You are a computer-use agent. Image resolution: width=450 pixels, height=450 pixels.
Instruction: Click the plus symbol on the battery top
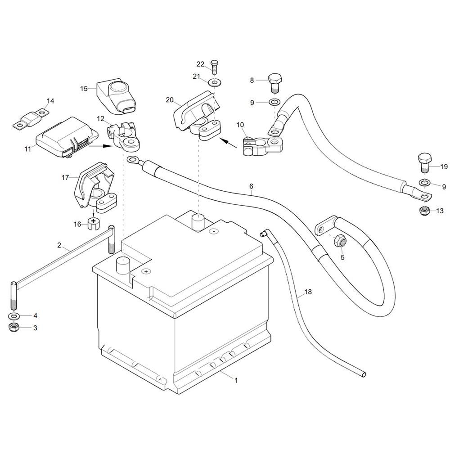click(146, 271)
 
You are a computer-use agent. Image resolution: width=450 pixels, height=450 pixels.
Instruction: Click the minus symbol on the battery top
click(213, 231)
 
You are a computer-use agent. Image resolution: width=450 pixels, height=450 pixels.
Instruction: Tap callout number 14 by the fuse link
click(50, 101)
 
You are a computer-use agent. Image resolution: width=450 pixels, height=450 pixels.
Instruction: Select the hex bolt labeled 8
click(275, 83)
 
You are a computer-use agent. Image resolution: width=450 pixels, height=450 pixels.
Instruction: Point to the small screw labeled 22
click(214, 67)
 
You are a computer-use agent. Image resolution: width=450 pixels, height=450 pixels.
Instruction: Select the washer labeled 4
click(13, 316)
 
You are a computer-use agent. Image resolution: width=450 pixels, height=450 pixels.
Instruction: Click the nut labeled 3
click(13, 328)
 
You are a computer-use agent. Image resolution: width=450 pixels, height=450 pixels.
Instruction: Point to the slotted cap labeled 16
click(93, 224)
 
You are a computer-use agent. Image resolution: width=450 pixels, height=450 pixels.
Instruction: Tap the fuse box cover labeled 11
click(68, 138)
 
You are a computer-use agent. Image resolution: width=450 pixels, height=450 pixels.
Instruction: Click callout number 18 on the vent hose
click(308, 292)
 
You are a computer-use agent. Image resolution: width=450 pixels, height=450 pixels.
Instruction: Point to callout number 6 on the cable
click(252, 186)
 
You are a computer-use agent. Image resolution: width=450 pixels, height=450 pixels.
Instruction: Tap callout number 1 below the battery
click(236, 381)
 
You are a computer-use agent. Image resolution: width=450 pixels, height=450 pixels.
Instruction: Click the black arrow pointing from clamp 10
click(228, 143)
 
